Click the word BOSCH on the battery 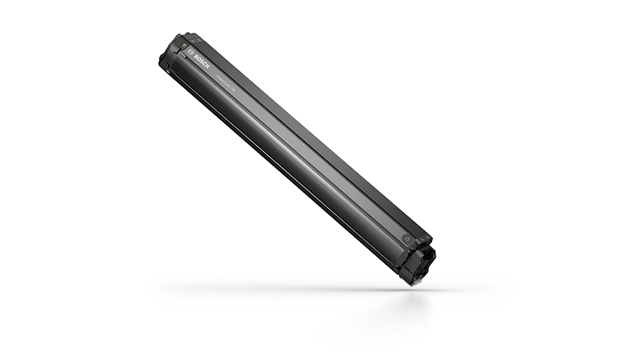[x=202, y=62]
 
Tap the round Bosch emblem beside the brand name [x=190, y=52]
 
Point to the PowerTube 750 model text [x=226, y=83]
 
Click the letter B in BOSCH [x=196, y=57]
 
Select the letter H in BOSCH [x=207, y=66]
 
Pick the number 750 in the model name [x=234, y=90]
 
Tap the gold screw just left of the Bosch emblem [x=184, y=46]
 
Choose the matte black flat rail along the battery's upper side [x=320, y=136]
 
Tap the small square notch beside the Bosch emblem [x=184, y=56]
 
